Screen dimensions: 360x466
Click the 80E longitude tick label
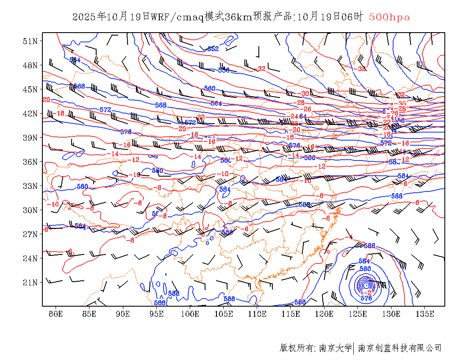pyautogui.click(x=55, y=314)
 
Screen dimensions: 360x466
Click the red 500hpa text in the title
pyautogui.click(x=389, y=17)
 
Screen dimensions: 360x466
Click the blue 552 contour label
pyautogui.click(x=213, y=49)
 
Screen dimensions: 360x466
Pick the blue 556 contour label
pyautogui.click(x=223, y=70)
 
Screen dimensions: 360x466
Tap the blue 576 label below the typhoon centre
pyautogui.click(x=366, y=299)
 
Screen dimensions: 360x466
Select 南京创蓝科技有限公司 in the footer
pyautogui.click(x=399, y=348)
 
